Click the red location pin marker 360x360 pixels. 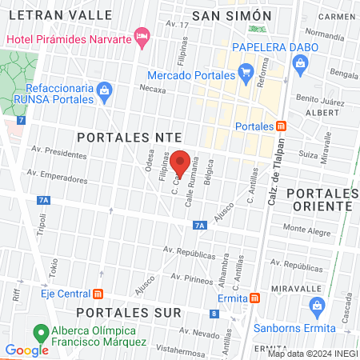point(180,162)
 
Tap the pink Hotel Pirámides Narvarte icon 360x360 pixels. point(142,34)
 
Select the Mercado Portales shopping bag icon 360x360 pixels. point(245,76)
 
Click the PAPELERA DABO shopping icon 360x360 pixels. point(301,69)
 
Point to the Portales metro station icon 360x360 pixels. point(281,126)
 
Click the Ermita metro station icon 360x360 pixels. point(254,298)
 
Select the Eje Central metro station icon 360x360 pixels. point(98,293)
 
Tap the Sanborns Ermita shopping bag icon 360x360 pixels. point(318,306)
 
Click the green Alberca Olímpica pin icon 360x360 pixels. point(38,332)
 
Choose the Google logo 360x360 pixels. point(26,350)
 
